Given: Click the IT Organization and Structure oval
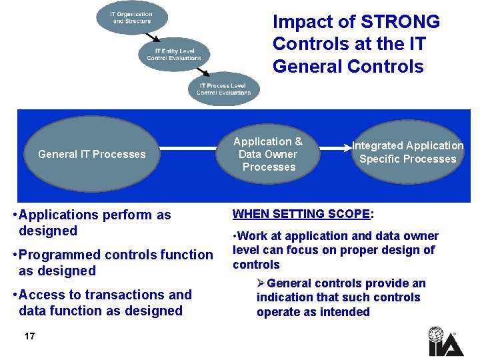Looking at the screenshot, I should tap(132, 18).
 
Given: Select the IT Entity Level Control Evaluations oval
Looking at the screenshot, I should tap(174, 54).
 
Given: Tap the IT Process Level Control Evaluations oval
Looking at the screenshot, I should tap(223, 89).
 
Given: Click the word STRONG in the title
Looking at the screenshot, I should tap(400, 22).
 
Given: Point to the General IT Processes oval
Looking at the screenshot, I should tap(92, 154).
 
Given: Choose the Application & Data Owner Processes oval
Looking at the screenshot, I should tap(268, 154).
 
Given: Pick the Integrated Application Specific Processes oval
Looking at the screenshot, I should tap(407, 153).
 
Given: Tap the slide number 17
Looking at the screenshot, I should tap(29, 336).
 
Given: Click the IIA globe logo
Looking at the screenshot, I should tap(437, 341).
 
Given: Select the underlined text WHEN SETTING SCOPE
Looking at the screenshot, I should tap(301, 214).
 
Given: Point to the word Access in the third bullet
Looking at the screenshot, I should tap(41, 295).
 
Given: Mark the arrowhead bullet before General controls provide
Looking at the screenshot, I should tap(261, 284).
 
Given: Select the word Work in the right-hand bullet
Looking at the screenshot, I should tap(251, 236).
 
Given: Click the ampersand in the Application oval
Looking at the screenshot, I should tap(298, 141).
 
